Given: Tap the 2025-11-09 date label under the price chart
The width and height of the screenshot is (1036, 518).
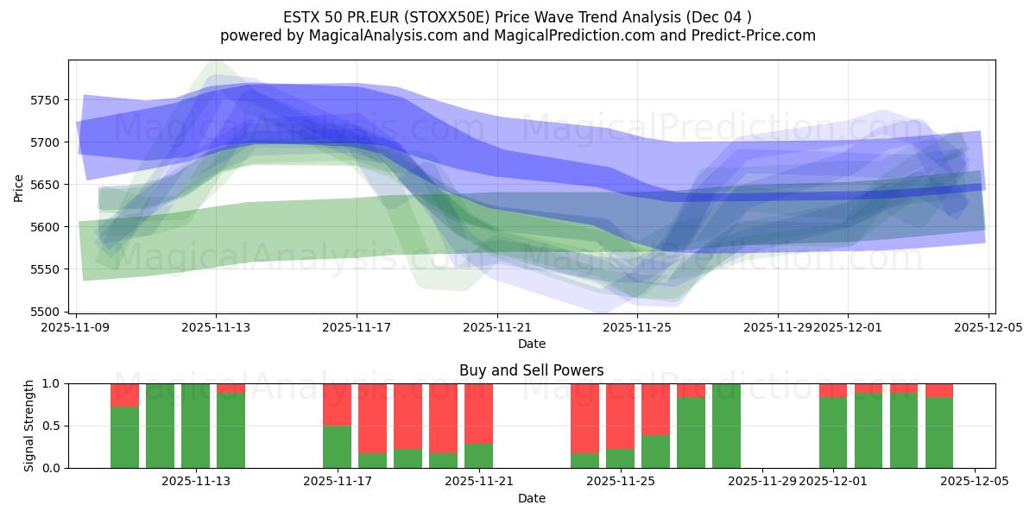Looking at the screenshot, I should click(76, 327).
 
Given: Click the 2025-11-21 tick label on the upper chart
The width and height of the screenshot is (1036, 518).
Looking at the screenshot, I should click(497, 327).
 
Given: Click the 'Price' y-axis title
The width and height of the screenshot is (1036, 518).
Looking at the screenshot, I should click(19, 186).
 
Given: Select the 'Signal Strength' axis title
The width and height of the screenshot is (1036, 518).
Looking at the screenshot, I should click(29, 426).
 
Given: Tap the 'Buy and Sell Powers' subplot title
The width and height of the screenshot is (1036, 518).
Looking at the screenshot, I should click(531, 370).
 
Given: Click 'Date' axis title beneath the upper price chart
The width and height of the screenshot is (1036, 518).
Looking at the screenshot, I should click(531, 344).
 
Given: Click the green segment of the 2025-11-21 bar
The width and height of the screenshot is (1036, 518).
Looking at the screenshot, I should click(478, 456).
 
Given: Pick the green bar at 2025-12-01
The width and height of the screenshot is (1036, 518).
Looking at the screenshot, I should click(833, 433).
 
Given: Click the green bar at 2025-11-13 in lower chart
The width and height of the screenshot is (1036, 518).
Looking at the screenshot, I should click(195, 426).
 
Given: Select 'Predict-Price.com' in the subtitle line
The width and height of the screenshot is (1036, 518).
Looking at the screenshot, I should click(755, 35).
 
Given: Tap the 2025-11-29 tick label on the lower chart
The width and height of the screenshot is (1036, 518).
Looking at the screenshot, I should click(762, 481).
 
